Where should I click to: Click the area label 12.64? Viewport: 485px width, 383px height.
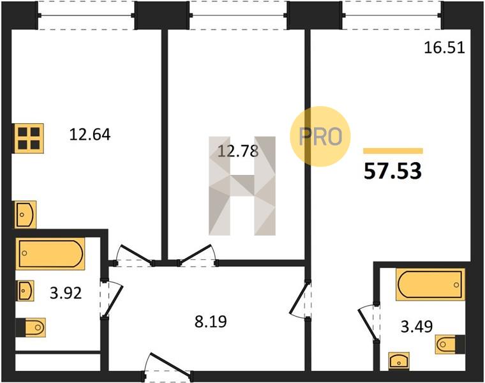90,135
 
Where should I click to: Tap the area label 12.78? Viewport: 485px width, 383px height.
238,151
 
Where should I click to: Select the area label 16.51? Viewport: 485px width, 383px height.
444,49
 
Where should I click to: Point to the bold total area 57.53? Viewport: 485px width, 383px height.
393,171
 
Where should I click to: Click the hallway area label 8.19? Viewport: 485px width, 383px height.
211,322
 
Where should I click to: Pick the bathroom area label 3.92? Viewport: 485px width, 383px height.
66,293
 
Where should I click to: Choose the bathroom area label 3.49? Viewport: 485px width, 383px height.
417,326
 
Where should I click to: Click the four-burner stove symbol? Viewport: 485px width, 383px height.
29,139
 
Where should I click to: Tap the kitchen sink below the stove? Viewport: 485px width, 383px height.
26,214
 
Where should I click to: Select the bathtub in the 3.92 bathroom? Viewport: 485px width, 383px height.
50,253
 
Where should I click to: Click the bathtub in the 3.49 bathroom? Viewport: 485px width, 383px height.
430,285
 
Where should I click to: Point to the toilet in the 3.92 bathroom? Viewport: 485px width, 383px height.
31,327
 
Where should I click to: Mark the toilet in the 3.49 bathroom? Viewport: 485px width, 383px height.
450,344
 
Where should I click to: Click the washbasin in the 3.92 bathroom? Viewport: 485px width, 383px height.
25,290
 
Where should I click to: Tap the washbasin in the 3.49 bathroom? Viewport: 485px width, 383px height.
399,361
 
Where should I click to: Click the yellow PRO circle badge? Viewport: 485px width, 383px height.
320,137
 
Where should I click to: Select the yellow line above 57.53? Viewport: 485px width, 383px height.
393,151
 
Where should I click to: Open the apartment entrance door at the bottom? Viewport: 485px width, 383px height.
168,366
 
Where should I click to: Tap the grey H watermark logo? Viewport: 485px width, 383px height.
243,186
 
